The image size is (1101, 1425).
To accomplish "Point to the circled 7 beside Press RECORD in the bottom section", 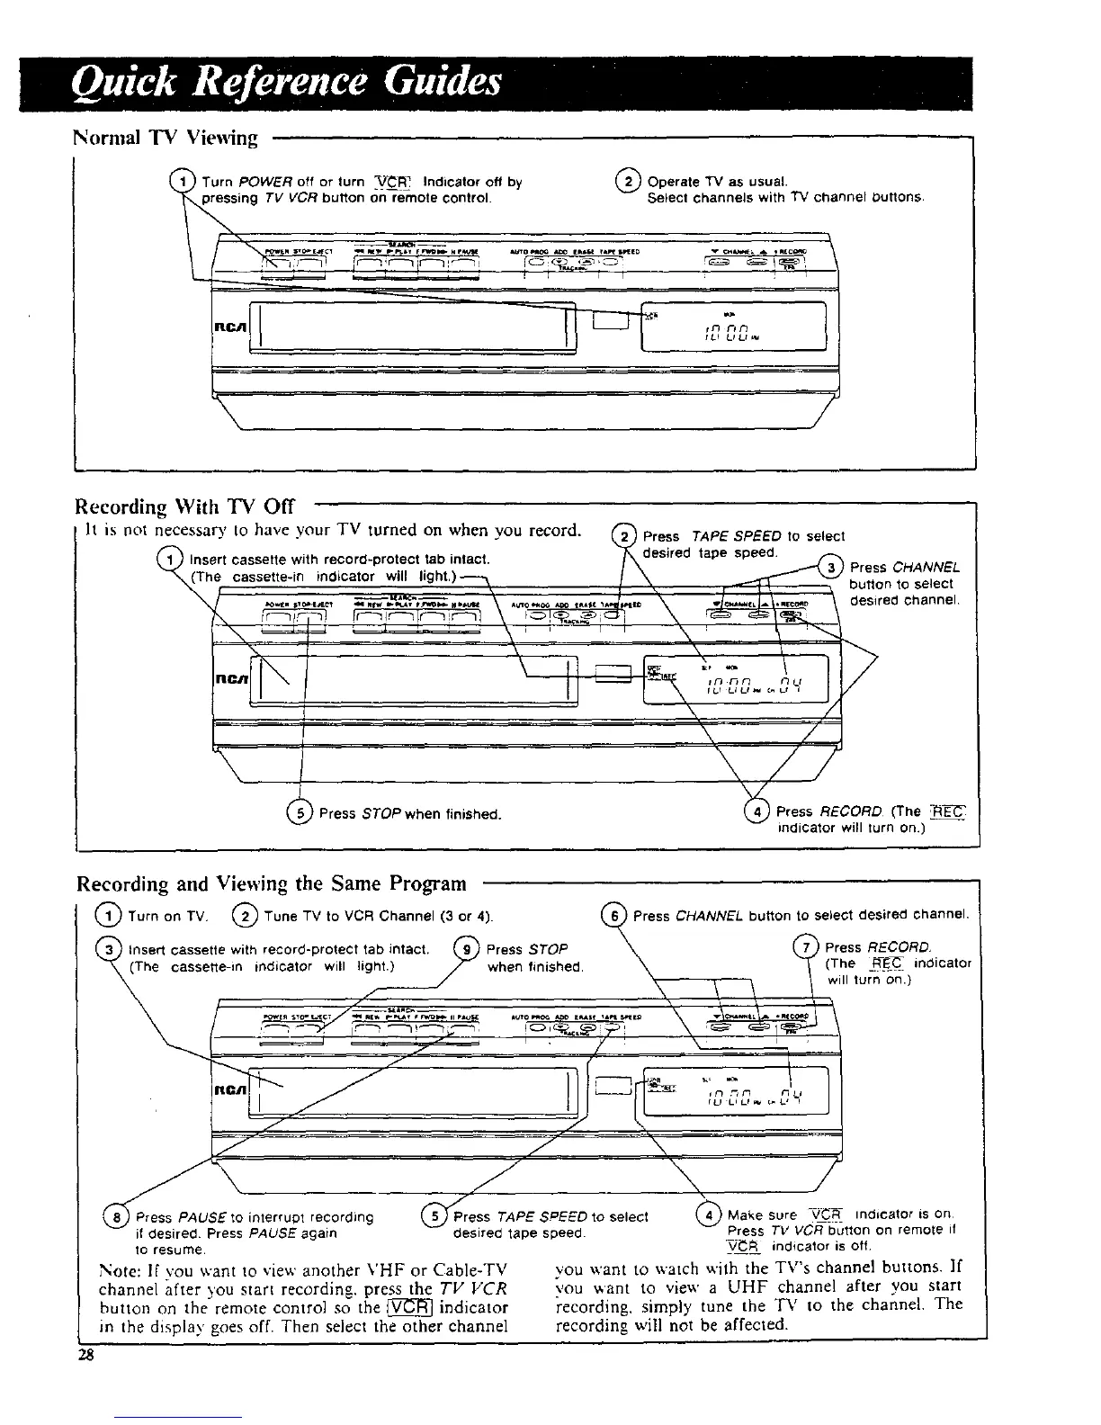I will pos(807,946).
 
